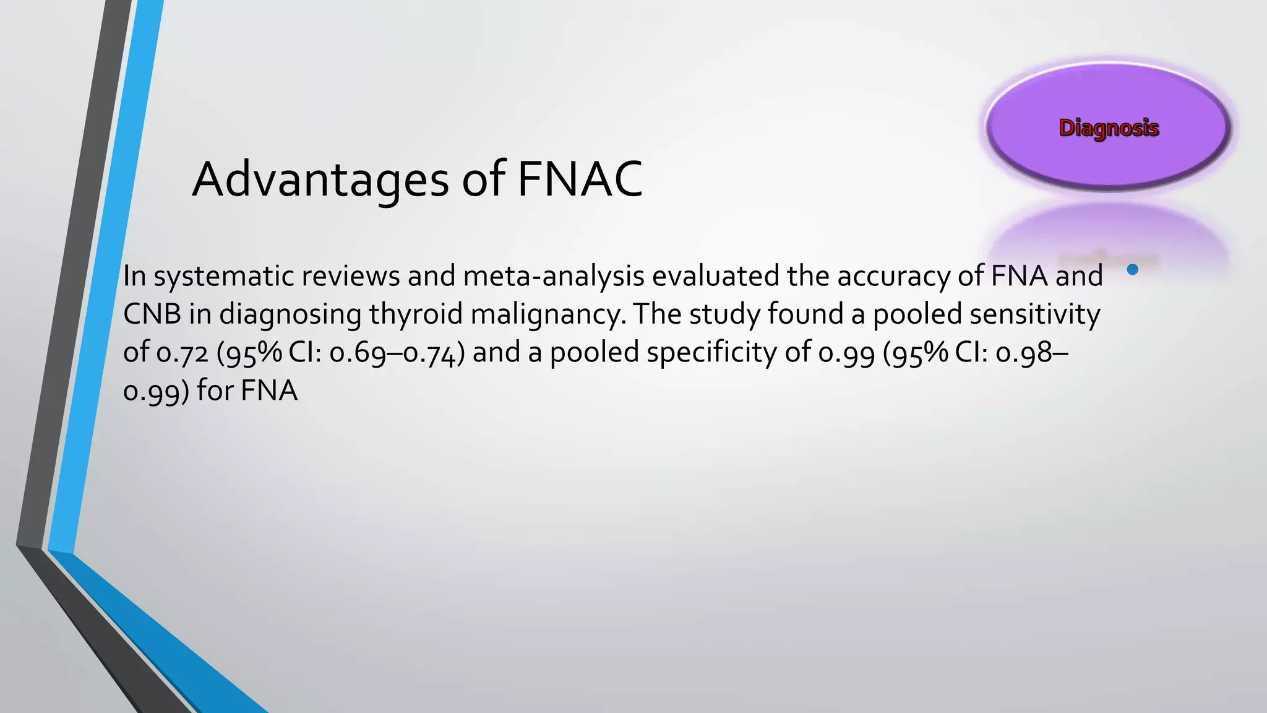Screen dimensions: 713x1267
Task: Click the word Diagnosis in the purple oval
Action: (1109, 127)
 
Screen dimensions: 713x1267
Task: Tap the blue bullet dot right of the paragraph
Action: (1133, 269)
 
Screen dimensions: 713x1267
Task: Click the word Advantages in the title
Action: (320, 179)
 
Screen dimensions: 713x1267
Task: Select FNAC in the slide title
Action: (580, 179)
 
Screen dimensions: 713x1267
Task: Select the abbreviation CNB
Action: (152, 314)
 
